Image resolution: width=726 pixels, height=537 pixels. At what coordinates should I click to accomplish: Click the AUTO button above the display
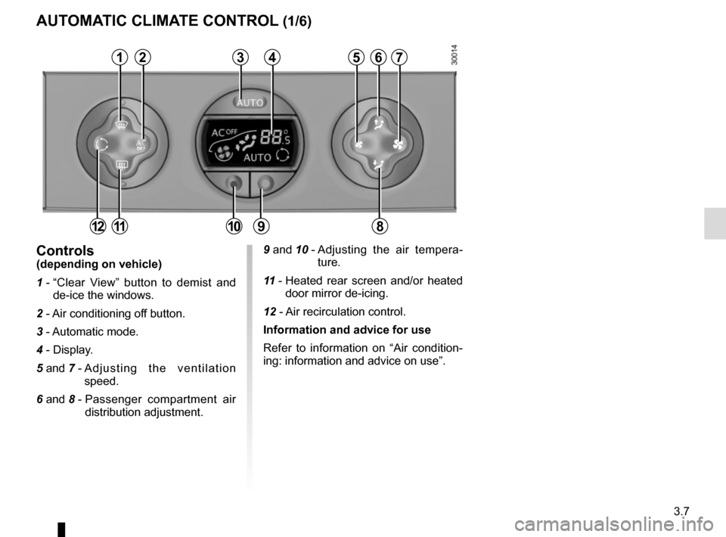(x=250, y=102)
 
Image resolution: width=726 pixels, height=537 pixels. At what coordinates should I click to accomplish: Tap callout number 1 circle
(x=119, y=57)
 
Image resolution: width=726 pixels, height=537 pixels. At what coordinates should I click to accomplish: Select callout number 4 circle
(x=272, y=57)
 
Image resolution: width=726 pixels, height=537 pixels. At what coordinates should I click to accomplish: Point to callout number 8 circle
(x=379, y=226)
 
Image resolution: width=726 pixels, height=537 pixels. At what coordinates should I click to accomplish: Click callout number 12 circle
(x=98, y=226)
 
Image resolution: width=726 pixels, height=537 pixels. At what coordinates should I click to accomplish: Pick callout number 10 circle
(x=234, y=226)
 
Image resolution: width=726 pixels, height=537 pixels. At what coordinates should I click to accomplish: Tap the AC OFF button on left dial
(x=141, y=145)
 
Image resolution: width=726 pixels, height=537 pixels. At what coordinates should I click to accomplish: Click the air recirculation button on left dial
(x=101, y=145)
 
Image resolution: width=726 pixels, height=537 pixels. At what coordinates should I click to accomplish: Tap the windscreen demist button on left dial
(x=121, y=124)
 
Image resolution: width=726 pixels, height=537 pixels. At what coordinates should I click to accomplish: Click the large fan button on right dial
(x=398, y=144)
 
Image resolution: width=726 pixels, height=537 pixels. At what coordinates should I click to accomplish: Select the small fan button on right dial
(x=358, y=144)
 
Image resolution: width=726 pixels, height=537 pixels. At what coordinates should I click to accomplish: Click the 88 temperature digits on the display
(x=271, y=137)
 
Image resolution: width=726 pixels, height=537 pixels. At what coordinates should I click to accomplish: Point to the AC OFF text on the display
(x=224, y=133)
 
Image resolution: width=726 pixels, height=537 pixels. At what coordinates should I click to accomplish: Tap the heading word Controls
(x=65, y=250)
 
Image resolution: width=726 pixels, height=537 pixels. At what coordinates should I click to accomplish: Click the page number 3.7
(x=681, y=511)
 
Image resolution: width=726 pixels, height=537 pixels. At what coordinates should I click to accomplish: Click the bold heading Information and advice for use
(x=347, y=330)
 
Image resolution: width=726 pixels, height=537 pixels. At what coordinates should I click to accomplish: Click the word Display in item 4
(x=73, y=349)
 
